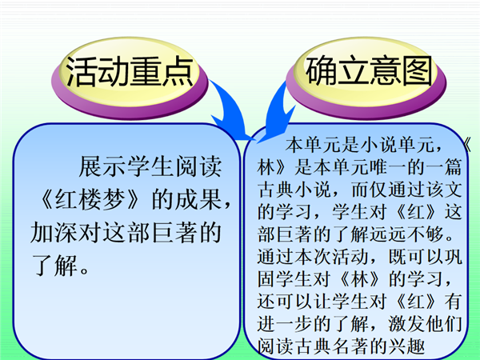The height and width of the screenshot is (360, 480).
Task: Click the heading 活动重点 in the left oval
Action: [x=130, y=72]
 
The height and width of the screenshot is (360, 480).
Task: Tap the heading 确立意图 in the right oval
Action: [x=369, y=70]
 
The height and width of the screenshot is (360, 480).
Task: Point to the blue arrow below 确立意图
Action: [x=277, y=114]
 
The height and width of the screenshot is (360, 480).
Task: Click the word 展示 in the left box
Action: [x=102, y=166]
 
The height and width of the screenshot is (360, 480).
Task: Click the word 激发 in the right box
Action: [x=407, y=324]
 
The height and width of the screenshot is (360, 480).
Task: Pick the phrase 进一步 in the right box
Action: [x=286, y=324]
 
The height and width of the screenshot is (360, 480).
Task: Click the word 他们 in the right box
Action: [x=444, y=324]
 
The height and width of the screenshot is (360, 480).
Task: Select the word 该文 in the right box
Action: [x=444, y=190]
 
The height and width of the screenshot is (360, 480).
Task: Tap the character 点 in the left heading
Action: [x=178, y=72]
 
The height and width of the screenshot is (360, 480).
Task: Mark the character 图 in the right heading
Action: [x=417, y=70]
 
